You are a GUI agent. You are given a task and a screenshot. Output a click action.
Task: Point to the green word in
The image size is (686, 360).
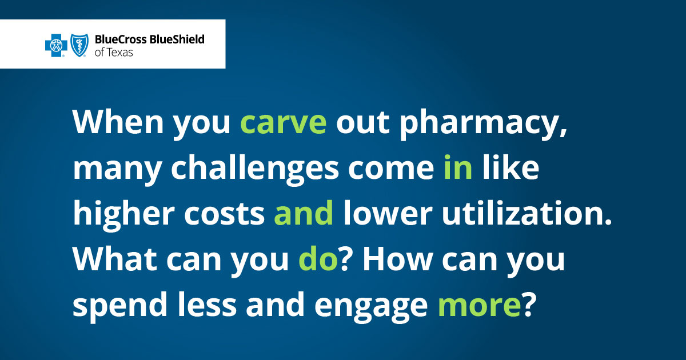pos(458,170)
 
